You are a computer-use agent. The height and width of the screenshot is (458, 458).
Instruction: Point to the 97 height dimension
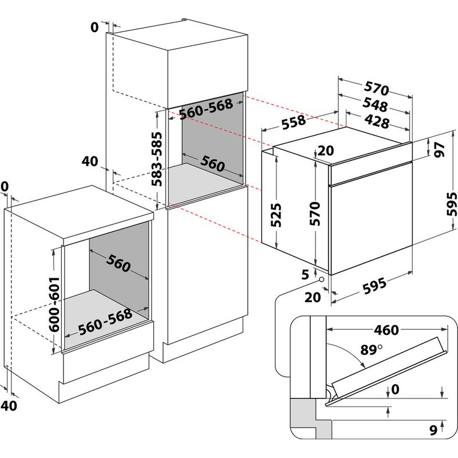(439, 148)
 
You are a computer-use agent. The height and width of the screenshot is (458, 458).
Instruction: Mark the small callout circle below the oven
(321, 280)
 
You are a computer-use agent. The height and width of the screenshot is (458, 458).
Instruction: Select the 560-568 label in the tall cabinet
(206, 110)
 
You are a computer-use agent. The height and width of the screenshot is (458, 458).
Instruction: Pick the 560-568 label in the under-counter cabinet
(105, 321)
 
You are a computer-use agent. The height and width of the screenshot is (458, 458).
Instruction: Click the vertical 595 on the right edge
(451, 203)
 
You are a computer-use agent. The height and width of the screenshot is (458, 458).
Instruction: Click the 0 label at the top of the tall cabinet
(95, 26)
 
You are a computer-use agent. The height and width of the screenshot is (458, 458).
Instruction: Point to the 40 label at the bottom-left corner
(7, 405)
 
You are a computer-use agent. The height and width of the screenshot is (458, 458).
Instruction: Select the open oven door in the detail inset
(385, 370)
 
